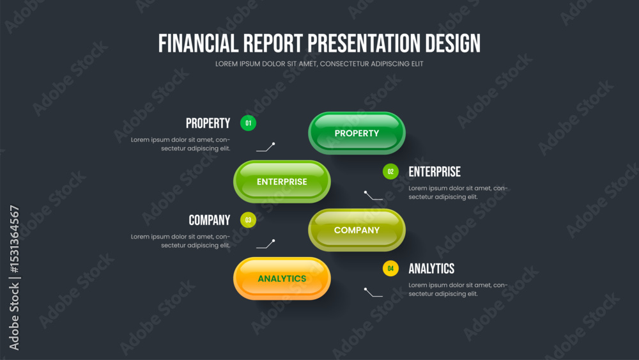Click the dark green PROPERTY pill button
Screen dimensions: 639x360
pos(357,133)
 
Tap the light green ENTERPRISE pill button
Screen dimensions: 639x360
pos(282,182)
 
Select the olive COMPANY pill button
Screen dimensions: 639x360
pos(357,230)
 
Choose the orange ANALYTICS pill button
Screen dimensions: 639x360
pos(282,278)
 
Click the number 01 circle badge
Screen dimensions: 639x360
pos(248,123)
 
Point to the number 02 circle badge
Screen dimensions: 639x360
pos(390,171)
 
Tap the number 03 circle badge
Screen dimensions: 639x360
pos(248,220)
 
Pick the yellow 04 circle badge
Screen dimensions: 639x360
pos(390,269)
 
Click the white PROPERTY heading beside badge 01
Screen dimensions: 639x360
pos(208,123)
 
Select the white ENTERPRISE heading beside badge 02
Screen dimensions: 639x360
pos(435,171)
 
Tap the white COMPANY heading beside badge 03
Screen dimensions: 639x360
pos(210,220)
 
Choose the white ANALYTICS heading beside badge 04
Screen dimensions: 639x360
pos(431,269)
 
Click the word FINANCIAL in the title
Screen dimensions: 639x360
pos(198,43)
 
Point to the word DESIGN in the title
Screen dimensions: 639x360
pos(453,43)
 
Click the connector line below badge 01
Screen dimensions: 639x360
pos(265,148)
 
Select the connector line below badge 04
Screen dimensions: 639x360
pos(373,293)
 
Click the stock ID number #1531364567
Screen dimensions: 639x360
pos(14,239)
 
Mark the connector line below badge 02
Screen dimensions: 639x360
pos(373,196)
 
